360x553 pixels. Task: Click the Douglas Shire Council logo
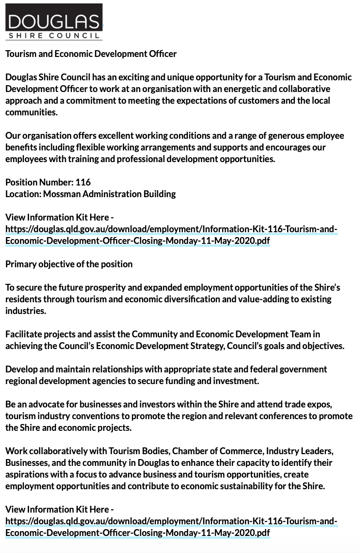pos(54,21)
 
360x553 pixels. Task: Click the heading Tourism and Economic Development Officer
pos(91,54)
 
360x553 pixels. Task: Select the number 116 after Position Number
pos(83,183)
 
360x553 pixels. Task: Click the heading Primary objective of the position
pos(69,264)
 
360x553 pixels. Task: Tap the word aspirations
pos(28,475)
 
